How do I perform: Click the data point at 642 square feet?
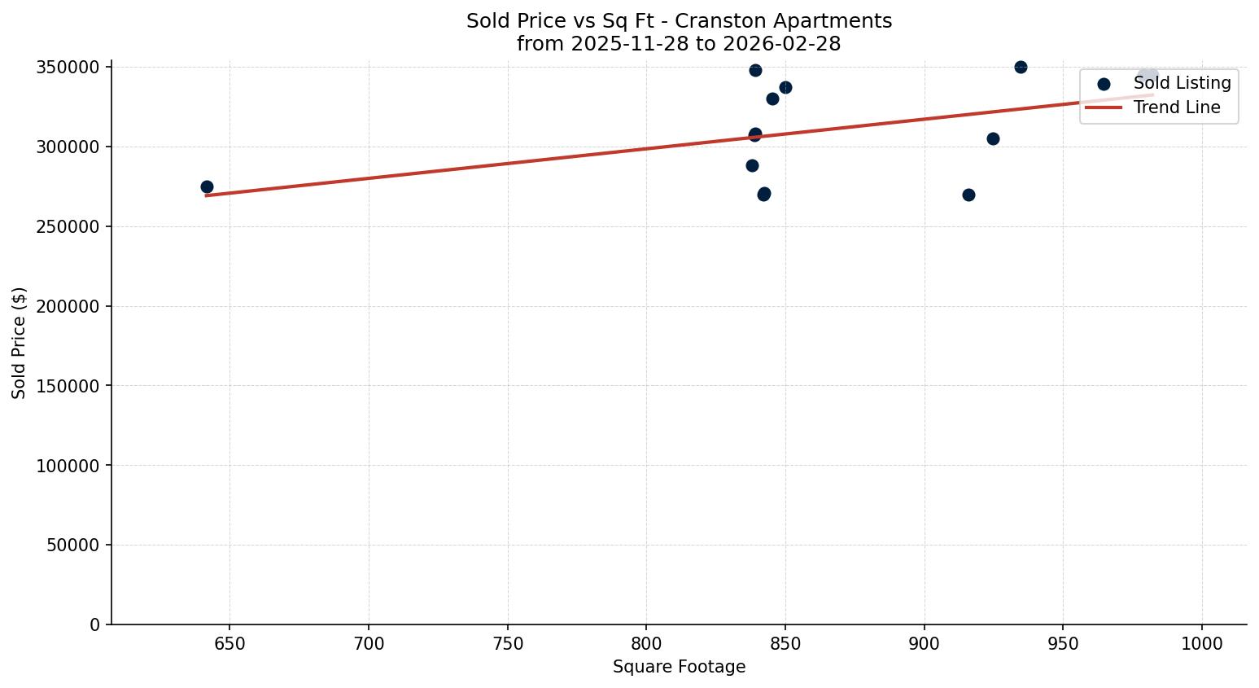207,186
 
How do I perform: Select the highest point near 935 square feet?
1021,67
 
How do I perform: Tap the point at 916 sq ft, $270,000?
968,195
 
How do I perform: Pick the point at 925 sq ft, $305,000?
993,138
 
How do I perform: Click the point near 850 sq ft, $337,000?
785,87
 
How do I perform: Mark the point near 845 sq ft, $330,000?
772,99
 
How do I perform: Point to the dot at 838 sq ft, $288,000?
752,165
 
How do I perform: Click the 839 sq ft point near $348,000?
755,70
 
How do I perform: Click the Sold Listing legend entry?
1182,83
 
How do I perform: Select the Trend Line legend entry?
1176,107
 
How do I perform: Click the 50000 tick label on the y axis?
72,545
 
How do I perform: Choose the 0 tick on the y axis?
95,624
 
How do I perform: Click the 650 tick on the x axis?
230,644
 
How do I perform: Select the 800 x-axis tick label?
646,644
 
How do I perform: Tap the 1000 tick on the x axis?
1202,644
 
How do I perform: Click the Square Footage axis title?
679,667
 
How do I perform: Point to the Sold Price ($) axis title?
19,343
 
